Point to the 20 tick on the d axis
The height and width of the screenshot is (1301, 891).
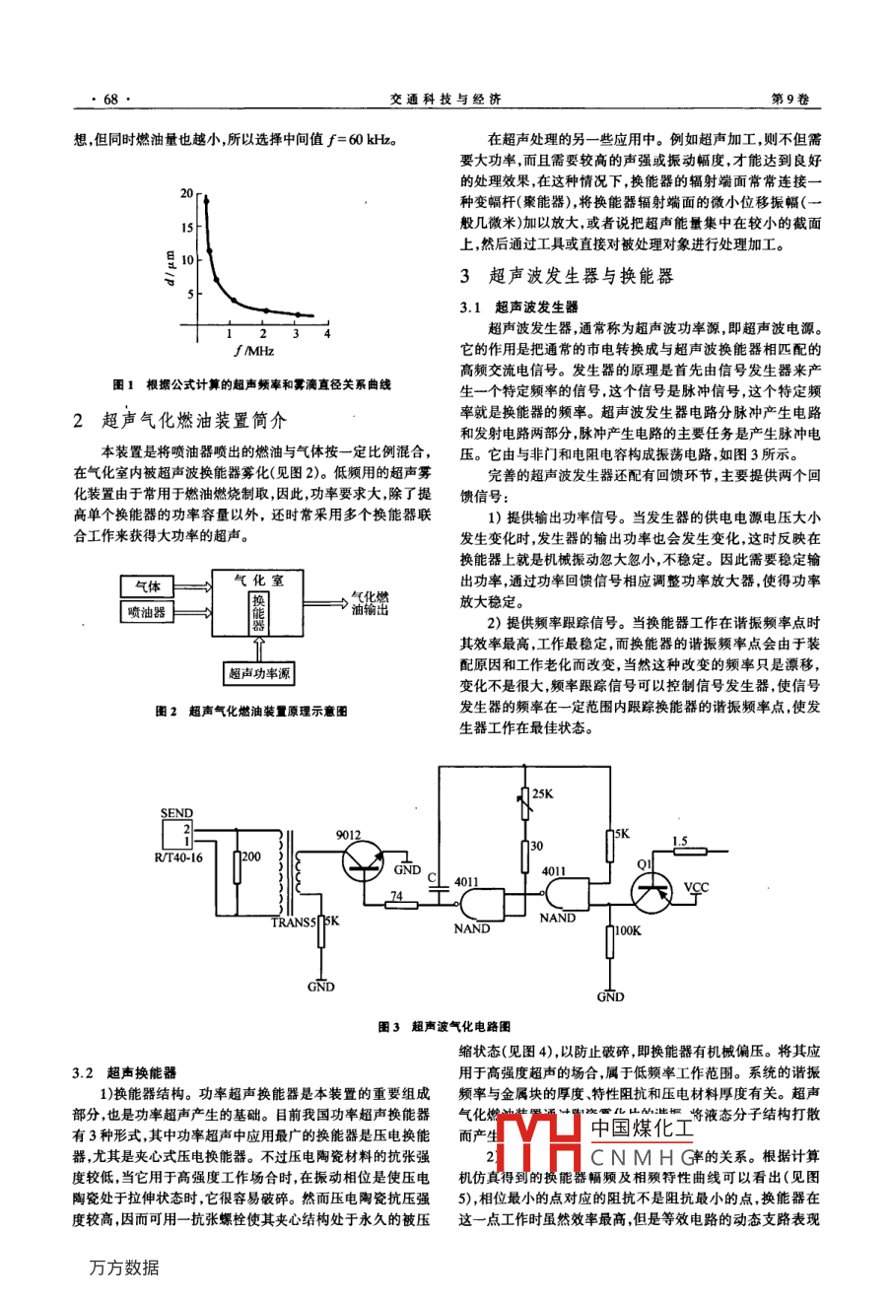click(187, 194)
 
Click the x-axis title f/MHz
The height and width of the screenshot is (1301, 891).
click(254, 350)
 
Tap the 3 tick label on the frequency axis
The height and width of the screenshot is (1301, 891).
click(295, 333)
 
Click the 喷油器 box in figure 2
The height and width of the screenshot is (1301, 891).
click(147, 612)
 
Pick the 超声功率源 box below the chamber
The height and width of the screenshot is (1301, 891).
click(258, 674)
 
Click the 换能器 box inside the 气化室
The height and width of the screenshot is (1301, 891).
click(258, 612)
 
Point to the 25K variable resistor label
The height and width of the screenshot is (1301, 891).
click(543, 793)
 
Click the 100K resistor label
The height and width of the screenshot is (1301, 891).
click(628, 929)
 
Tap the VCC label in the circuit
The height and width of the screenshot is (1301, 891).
click(696, 887)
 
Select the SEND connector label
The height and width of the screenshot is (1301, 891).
click(176, 813)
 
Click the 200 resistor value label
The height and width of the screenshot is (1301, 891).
click(251, 856)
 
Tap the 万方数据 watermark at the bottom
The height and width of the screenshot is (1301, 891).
click(123, 1267)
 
